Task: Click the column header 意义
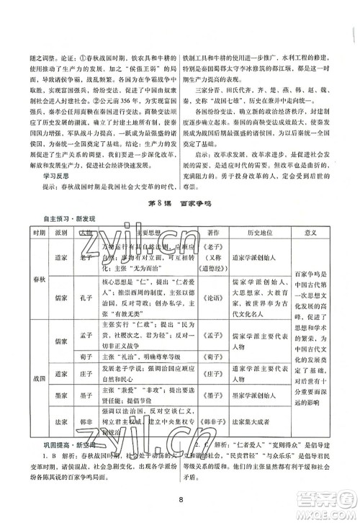click(332, 234)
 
